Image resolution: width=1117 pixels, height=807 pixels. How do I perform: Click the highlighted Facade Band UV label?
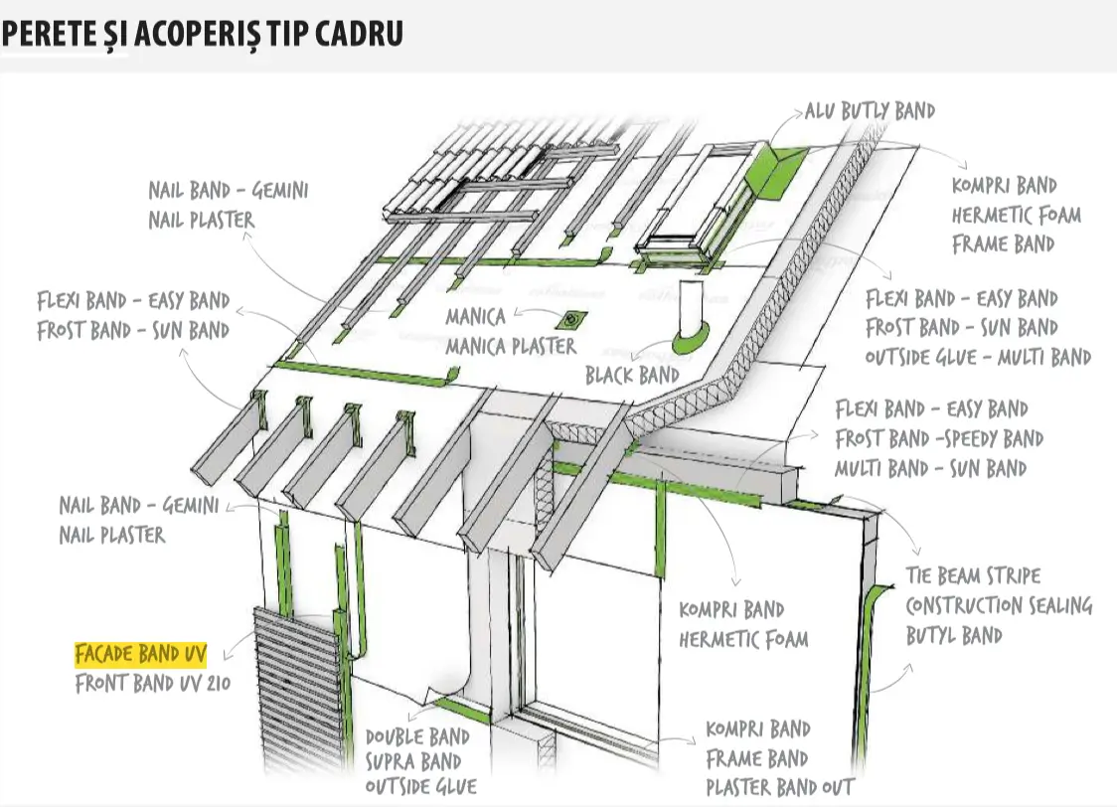pos(141,654)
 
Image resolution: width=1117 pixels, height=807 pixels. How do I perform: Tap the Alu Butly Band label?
pos(870,111)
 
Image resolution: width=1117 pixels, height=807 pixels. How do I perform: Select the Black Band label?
pos(633,376)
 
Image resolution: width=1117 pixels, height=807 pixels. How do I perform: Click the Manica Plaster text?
pos(511,347)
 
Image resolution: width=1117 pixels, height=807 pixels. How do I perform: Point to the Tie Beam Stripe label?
pos(973,575)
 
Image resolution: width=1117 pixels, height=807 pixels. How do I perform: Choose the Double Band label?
pos(417,736)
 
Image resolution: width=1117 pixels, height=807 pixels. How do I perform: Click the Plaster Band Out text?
pos(780,788)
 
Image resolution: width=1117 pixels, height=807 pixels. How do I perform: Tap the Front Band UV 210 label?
pos(153,684)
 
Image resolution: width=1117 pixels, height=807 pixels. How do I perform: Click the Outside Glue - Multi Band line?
pos(978,357)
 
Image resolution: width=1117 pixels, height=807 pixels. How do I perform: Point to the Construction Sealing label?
pos(999,605)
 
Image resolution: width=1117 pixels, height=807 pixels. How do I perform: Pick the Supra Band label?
pos(413,762)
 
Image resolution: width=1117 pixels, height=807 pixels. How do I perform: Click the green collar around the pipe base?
pos(691,339)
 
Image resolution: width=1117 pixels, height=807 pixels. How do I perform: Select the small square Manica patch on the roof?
pos(571,321)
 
